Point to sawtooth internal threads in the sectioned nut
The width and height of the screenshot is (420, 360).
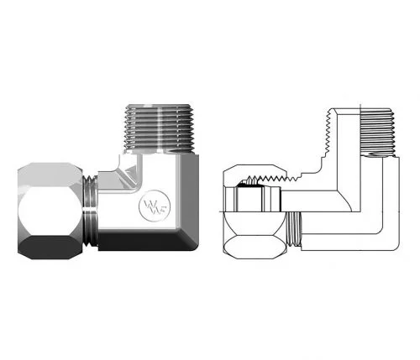coord(273,176)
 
